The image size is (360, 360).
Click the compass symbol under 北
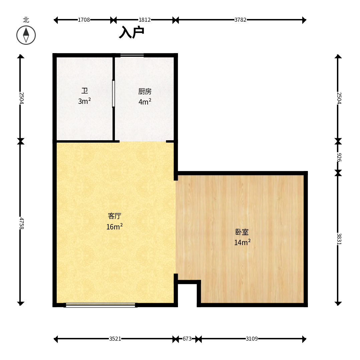[x=26, y=35]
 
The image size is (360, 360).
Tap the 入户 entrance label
[x=132, y=32]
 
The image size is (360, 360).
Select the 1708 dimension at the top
[x=84, y=20]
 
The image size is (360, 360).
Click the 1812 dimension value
[x=145, y=20]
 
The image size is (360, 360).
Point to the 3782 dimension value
[x=240, y=20]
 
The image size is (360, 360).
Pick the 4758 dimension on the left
[x=21, y=223]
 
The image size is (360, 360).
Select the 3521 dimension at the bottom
[x=115, y=339]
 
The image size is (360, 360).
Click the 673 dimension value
[x=187, y=339]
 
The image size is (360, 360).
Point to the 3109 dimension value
[x=252, y=339]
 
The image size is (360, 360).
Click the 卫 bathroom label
[x=84, y=91]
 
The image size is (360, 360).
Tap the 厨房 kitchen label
[x=145, y=92]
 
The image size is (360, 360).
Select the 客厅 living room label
[x=115, y=216]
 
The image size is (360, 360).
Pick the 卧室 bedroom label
[x=242, y=232]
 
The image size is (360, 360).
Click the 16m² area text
[x=114, y=227]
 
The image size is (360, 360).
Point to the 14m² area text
[x=242, y=242]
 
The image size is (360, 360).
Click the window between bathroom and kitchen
[x=114, y=94]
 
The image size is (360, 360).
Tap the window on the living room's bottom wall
[x=101, y=305]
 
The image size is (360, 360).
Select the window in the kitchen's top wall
[x=132, y=55]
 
